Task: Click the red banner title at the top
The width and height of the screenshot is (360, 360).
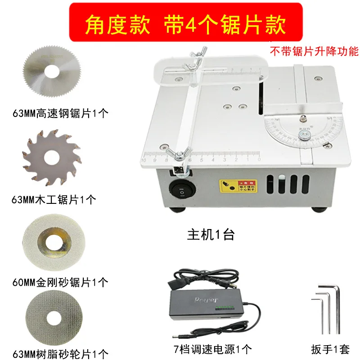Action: [186, 22]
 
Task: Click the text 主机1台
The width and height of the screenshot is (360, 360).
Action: [211, 234]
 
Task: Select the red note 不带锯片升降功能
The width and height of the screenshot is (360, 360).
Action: [314, 51]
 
